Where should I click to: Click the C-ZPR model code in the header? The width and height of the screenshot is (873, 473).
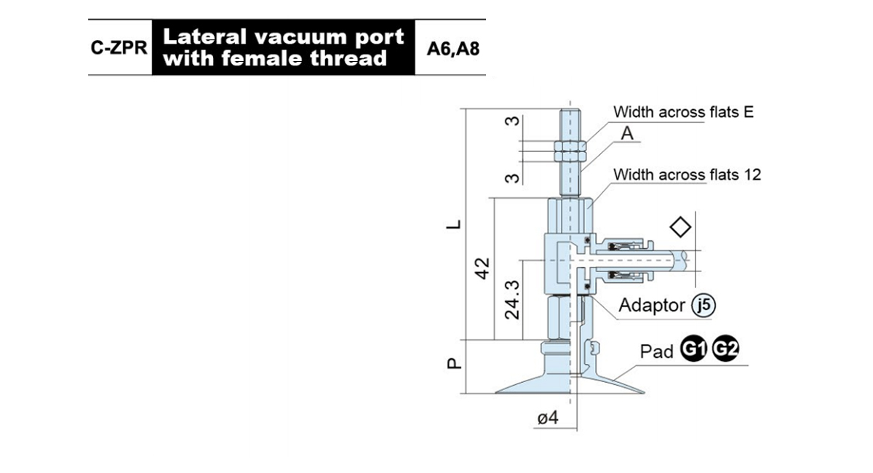[x=119, y=48]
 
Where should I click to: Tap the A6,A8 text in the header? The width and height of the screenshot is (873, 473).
[x=453, y=49]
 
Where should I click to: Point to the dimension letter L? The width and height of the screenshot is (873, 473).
[x=453, y=225]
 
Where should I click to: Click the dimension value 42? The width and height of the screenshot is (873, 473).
[x=482, y=269]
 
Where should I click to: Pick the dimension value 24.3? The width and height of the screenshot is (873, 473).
[x=511, y=300]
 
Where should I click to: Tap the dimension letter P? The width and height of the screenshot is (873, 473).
[x=454, y=363]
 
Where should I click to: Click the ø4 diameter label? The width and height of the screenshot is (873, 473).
[x=548, y=418]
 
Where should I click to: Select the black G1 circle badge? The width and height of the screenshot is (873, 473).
[x=694, y=349]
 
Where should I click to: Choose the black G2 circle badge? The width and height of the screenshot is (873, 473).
[x=726, y=349]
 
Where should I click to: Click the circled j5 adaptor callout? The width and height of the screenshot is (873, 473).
[x=703, y=306]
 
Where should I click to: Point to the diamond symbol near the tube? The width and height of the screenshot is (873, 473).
[x=680, y=227]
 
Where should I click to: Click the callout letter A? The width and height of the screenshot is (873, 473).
[x=627, y=133]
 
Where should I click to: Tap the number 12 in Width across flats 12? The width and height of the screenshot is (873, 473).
[x=752, y=175]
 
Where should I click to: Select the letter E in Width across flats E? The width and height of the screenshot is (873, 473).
[x=749, y=112]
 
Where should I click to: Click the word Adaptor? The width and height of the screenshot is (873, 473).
[x=652, y=306]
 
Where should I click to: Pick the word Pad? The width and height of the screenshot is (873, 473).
[x=657, y=351]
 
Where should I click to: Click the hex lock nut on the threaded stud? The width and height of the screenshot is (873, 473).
[x=570, y=151]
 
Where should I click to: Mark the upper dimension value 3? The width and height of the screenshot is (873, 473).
[x=512, y=121]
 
